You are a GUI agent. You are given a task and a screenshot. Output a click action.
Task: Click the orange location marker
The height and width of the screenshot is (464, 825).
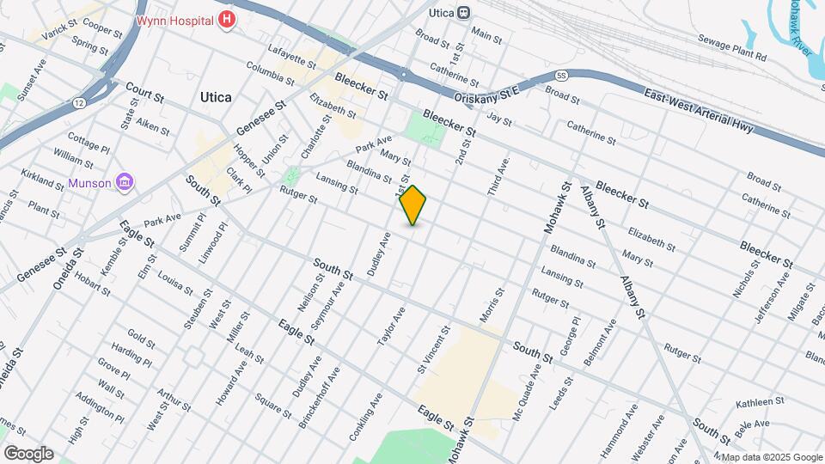(x=413, y=205)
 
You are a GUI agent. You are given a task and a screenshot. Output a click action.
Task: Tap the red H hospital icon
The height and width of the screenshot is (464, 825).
(x=227, y=19)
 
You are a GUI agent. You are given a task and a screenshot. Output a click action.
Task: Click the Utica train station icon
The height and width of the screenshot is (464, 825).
(x=464, y=13)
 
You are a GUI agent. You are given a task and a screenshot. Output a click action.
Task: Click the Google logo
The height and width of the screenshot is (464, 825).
(x=28, y=453)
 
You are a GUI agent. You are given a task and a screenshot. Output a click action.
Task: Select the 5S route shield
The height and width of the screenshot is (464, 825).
(x=560, y=76)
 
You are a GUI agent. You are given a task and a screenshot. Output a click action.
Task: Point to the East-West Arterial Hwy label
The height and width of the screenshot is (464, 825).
(x=697, y=114)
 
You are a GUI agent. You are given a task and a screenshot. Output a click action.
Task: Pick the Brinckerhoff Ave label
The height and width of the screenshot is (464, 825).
(x=320, y=398)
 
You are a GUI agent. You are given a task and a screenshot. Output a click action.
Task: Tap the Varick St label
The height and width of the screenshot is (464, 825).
(x=58, y=32)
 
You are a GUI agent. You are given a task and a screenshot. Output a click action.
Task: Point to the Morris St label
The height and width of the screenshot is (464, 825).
(x=492, y=306)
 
